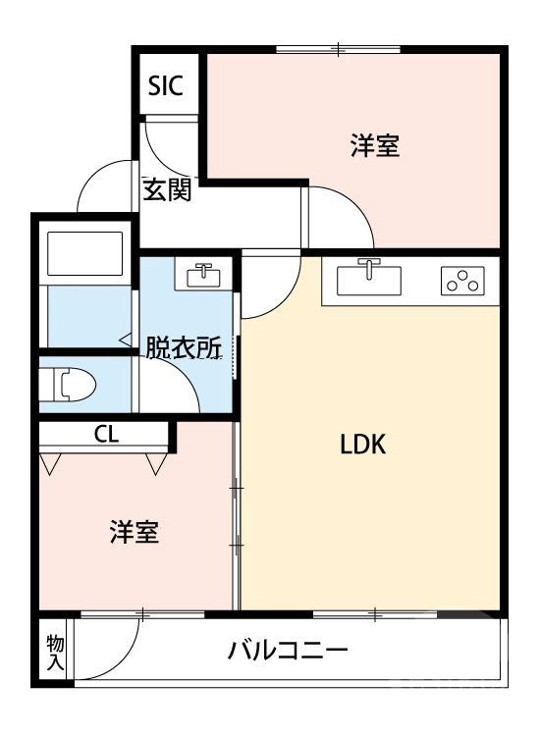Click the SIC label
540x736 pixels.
[165, 85]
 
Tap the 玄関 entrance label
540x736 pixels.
[167, 190]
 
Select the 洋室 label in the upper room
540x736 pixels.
[374, 146]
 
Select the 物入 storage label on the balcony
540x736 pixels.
[55, 652]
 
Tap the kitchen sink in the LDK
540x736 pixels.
[369, 280]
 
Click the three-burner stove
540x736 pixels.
[462, 281]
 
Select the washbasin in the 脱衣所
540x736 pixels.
[204, 274]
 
